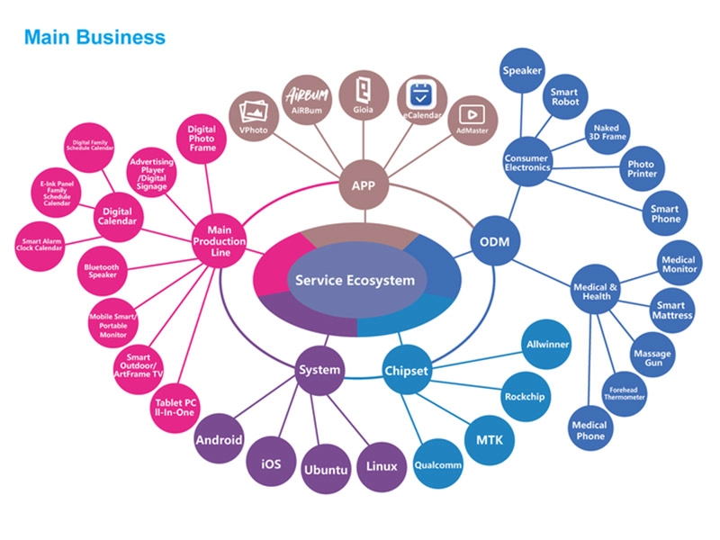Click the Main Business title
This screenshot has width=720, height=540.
(x=94, y=37)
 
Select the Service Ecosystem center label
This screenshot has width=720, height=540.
(x=355, y=280)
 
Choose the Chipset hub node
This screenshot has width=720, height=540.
(x=407, y=370)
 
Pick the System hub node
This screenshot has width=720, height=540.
(x=319, y=369)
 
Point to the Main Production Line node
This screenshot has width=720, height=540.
(x=219, y=241)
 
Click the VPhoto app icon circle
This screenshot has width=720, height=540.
(x=255, y=117)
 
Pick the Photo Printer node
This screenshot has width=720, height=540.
(x=642, y=169)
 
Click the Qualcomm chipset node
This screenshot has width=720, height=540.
(x=437, y=465)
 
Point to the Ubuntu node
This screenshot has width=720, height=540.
(x=326, y=470)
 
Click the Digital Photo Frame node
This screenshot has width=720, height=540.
(x=202, y=140)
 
